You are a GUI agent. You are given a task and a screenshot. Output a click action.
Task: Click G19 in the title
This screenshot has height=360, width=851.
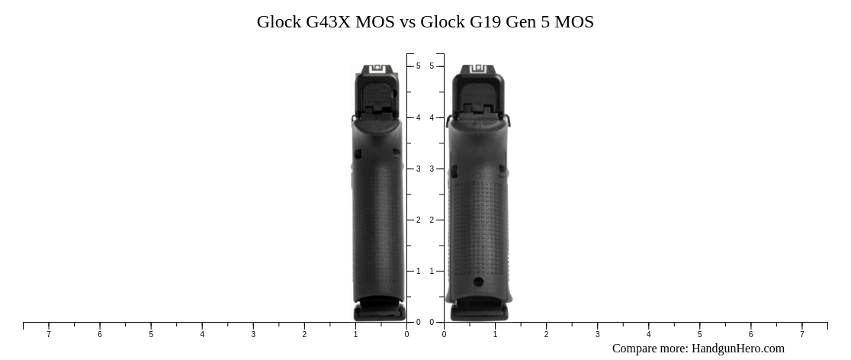[485, 22]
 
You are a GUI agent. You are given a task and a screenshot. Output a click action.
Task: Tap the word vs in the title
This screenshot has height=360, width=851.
[407, 22]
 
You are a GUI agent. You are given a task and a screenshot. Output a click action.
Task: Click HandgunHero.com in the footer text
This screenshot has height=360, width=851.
[737, 349]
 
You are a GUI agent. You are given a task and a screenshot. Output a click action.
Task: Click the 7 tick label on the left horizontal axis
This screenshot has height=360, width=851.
[49, 334]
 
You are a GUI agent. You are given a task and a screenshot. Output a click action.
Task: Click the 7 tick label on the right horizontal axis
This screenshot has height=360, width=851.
[801, 334]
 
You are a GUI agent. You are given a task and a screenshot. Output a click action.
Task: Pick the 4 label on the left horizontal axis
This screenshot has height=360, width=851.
[202, 334]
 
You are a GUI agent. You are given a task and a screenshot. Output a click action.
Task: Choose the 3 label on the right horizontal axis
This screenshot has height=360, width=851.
[597, 334]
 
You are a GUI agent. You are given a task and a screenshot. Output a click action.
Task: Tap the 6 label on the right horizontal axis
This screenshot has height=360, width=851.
[750, 334]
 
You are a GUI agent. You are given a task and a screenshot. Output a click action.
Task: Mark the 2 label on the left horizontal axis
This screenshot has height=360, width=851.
[304, 334]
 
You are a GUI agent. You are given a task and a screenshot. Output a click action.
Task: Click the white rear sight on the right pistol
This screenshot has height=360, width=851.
[478, 69]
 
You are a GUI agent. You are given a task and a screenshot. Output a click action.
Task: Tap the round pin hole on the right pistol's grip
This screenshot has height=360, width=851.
[478, 282]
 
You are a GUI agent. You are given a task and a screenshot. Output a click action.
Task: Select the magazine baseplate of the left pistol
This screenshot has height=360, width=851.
[378, 311]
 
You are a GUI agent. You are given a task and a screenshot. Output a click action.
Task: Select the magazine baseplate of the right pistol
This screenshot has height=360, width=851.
[478, 311]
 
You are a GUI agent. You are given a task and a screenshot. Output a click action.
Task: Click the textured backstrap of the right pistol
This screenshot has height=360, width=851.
[478, 221]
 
